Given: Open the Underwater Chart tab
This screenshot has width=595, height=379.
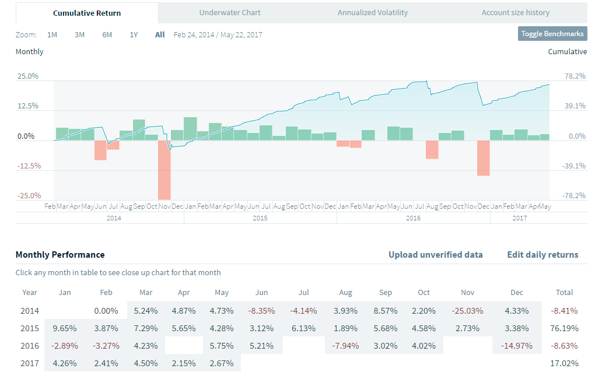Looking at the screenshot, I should (x=230, y=12).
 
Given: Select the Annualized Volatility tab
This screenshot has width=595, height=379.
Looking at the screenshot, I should (x=373, y=12).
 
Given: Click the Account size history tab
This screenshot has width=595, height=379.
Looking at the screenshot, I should (x=515, y=12).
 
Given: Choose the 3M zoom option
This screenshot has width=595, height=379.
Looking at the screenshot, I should (x=79, y=34).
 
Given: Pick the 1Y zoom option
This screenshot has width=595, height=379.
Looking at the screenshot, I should (x=134, y=34).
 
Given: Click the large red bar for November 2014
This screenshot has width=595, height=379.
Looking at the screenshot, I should (x=164, y=170).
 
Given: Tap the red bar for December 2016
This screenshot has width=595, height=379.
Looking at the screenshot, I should (x=483, y=158).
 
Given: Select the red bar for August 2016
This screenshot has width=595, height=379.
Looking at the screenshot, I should (x=432, y=150).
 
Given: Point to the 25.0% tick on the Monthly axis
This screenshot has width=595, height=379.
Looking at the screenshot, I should (x=28, y=76).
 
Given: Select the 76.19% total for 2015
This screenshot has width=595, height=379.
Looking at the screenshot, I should (x=564, y=329).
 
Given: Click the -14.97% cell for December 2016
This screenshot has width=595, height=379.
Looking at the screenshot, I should (x=517, y=345).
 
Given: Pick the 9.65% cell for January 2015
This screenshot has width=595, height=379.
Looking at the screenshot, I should (x=64, y=329).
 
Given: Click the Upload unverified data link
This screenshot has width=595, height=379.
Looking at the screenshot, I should (x=435, y=255).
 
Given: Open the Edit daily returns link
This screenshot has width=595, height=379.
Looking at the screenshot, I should (x=542, y=255).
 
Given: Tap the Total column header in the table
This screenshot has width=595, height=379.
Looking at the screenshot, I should (x=564, y=293).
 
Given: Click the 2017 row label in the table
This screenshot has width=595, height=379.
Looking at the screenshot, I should (x=30, y=363).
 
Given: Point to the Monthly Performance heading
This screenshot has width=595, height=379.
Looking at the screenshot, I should (x=60, y=255).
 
